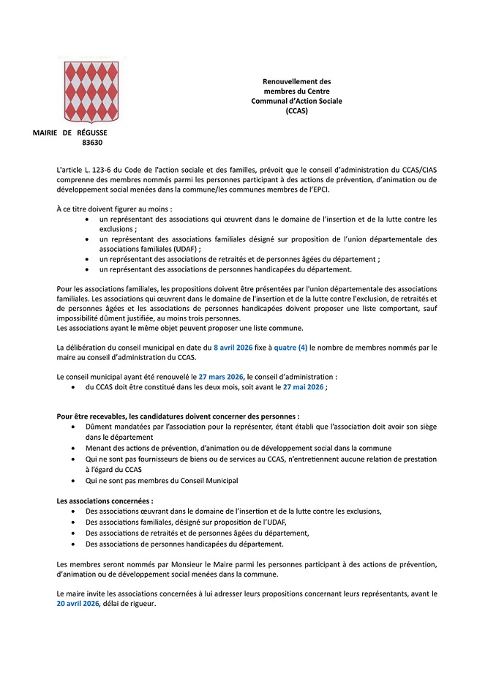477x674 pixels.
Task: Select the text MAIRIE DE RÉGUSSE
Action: pyautogui.click(x=70, y=132)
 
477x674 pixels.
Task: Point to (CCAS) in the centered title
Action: pyautogui.click(x=296, y=111)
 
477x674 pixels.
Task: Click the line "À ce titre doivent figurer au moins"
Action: pyautogui.click(x=114, y=209)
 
